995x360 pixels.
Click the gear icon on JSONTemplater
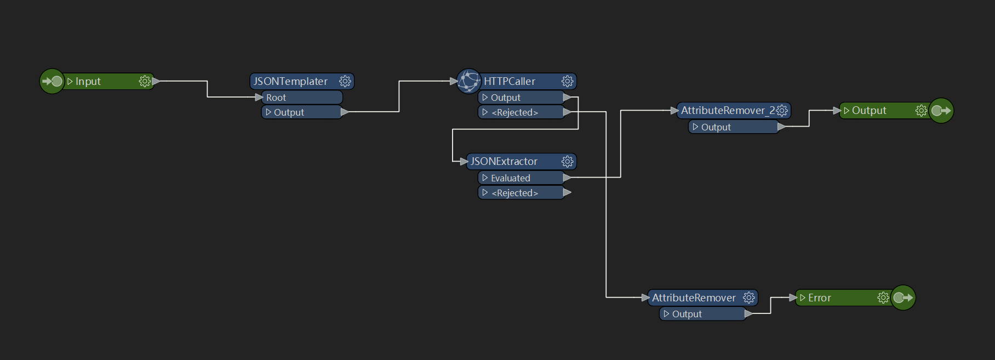pos(345,81)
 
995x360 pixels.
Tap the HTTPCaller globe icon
pos(468,81)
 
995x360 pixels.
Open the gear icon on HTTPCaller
pos(567,81)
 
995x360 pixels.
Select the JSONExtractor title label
pos(504,161)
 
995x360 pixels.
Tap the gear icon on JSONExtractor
pos(567,161)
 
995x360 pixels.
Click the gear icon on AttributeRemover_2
pos(782,110)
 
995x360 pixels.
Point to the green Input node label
pos(88,81)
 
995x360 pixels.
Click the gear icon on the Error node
pos(883,298)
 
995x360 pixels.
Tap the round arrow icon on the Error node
pos(902,298)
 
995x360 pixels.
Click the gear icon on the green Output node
pos(921,110)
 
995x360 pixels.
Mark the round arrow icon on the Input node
pos(52,81)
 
